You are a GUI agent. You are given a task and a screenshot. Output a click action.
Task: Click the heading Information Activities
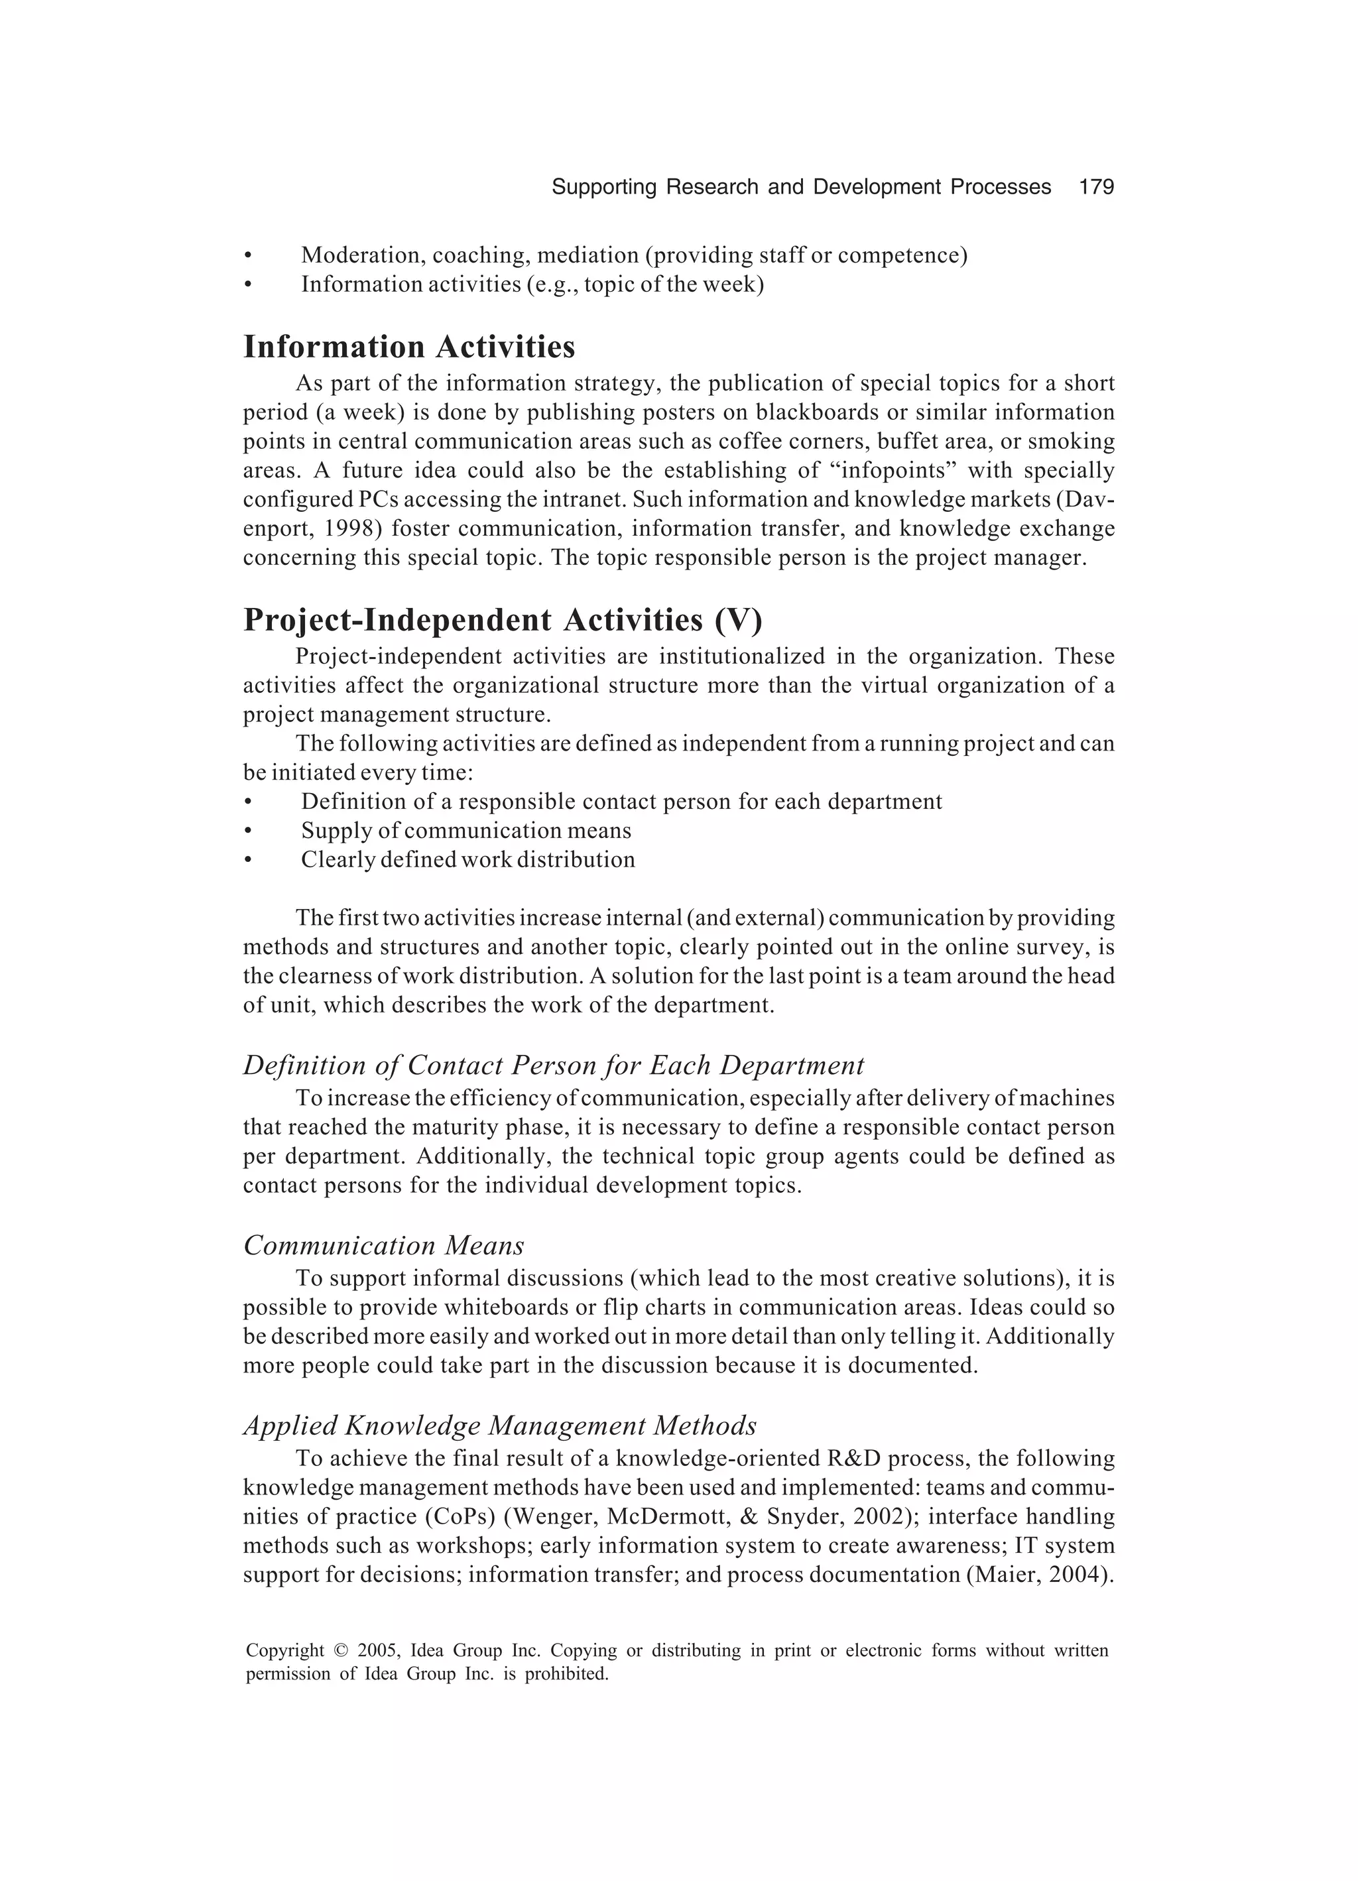409,347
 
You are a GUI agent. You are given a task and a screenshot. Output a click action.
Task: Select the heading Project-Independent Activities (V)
502,619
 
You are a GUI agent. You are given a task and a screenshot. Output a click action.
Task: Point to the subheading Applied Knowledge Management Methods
499,1425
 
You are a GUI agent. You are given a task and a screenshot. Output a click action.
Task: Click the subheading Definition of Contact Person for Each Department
553,1065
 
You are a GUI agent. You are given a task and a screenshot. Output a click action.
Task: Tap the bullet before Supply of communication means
247,831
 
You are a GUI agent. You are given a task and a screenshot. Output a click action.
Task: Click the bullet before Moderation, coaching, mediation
247,255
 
